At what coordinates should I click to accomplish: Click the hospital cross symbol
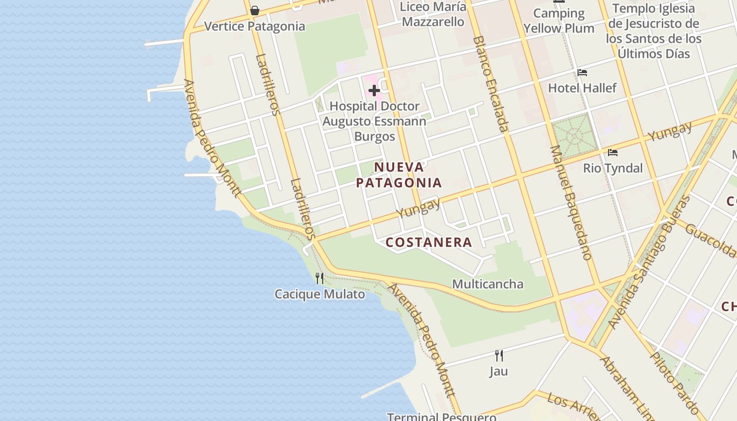tap(374, 91)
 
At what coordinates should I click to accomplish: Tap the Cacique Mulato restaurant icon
tap(320, 278)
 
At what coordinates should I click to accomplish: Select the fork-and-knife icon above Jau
tap(499, 356)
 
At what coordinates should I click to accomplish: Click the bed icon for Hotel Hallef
tap(582, 73)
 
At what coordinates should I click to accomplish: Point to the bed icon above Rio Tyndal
tap(613, 153)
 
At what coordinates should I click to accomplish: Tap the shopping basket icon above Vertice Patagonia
tap(255, 11)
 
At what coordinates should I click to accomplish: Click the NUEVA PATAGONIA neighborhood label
tap(399, 175)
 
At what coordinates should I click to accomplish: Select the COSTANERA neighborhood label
tap(429, 242)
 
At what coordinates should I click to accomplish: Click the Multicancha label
tap(487, 284)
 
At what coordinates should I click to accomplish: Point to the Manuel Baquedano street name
tap(571, 203)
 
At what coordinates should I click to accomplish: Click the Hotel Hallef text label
tap(582, 88)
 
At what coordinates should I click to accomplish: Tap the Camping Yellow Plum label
tap(559, 21)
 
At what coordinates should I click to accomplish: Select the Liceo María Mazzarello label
tap(433, 14)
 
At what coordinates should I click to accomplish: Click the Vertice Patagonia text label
tap(254, 26)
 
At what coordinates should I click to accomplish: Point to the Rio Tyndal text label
tap(613, 168)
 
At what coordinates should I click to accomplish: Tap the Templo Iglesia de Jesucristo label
tap(653, 31)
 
